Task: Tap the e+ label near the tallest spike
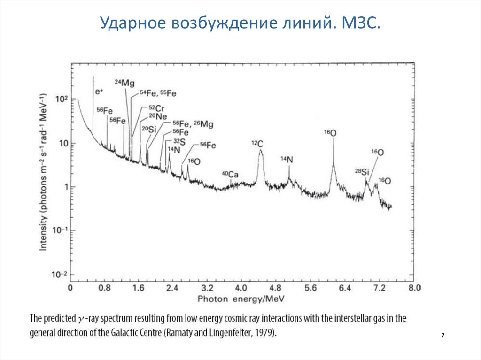99,92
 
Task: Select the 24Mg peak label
125,83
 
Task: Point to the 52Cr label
155,108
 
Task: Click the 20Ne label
156,117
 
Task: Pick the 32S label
179,141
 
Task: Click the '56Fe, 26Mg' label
193,124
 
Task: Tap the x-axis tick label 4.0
241,288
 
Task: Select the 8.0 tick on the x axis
414,288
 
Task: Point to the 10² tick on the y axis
62,99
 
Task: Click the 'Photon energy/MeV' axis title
241,298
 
